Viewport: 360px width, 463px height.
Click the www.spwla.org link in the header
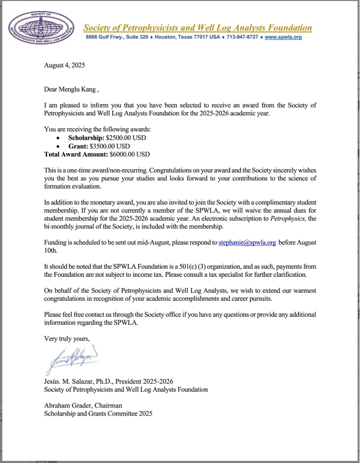click(283, 37)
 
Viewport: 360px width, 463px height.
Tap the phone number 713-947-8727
click(244, 37)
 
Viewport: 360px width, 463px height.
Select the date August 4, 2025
click(64, 65)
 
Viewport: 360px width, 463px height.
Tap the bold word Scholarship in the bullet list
click(87, 138)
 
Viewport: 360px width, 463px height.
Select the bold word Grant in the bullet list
click(78, 146)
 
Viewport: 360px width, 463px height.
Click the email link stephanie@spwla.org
click(247, 242)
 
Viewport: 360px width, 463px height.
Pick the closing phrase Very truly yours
click(67, 338)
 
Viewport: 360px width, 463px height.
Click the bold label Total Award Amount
click(76, 154)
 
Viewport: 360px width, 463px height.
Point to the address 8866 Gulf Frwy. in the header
click(102, 37)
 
